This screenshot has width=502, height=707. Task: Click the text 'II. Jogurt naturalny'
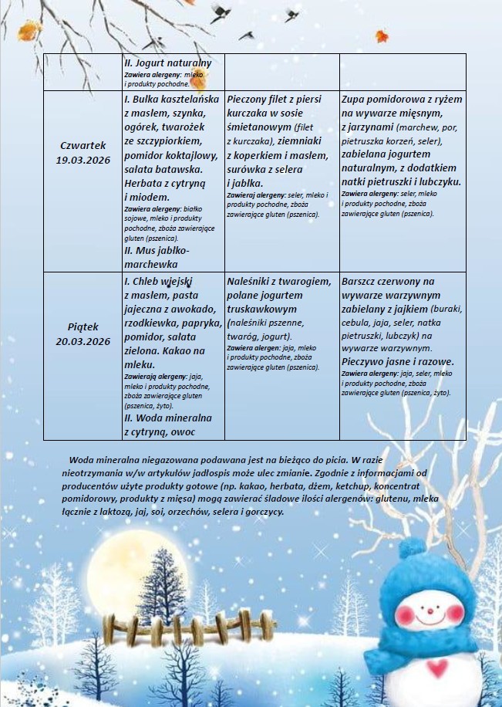[167, 63]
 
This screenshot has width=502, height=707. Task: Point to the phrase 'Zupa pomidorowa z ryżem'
[402, 100]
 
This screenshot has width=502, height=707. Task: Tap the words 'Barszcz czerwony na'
[388, 282]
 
